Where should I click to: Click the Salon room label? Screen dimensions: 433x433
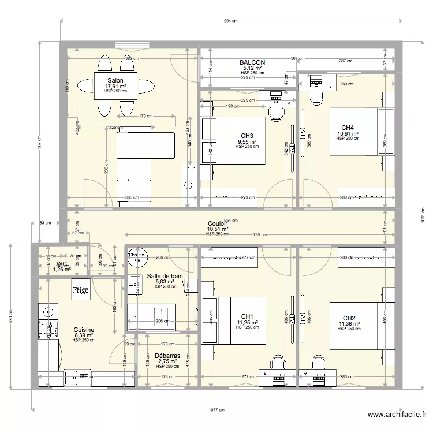[x=115, y=80]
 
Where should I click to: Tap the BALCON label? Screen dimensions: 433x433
[x=252, y=62]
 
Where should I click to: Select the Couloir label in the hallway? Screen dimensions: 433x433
[x=218, y=223]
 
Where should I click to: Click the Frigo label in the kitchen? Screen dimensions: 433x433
[x=80, y=291]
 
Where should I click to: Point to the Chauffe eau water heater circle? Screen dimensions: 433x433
[x=137, y=257]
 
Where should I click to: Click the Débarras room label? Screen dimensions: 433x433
[x=167, y=356]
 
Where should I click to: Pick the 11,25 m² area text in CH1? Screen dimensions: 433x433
[x=247, y=323]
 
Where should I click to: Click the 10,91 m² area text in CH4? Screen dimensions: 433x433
[x=348, y=134]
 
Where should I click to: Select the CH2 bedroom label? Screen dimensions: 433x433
[x=349, y=318]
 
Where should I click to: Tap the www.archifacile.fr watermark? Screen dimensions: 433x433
[x=398, y=415]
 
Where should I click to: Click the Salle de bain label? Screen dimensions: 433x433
[x=165, y=277]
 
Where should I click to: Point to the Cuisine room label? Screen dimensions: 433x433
[x=84, y=330]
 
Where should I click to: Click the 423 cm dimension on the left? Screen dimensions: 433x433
[x=10, y=318]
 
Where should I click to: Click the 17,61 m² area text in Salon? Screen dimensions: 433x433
[x=115, y=86]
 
